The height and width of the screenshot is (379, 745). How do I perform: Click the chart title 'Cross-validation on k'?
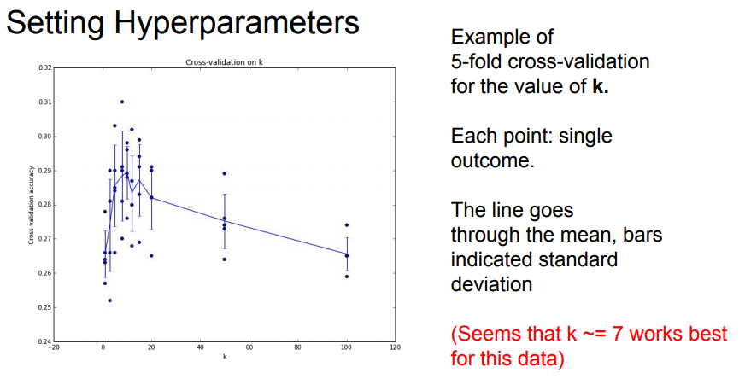224,62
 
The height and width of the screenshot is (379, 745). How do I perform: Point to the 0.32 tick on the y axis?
45,67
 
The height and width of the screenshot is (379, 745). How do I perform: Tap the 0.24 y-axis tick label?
45,341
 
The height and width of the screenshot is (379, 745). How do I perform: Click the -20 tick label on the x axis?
54,347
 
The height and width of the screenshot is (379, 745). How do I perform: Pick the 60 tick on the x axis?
249,347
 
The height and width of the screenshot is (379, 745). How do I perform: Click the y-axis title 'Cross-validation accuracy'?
31,205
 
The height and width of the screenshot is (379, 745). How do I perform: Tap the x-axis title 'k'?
225,357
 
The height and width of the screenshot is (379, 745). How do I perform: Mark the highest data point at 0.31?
122,102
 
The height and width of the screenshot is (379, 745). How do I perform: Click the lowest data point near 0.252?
109,300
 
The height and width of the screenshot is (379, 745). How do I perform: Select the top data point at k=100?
347,225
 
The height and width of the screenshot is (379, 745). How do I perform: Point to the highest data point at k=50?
224,173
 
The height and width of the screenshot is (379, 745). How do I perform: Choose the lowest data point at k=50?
224,259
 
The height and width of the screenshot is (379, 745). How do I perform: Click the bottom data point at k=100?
347,277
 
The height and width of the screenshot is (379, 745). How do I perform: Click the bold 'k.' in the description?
601,87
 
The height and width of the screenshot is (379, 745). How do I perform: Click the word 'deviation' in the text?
492,284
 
